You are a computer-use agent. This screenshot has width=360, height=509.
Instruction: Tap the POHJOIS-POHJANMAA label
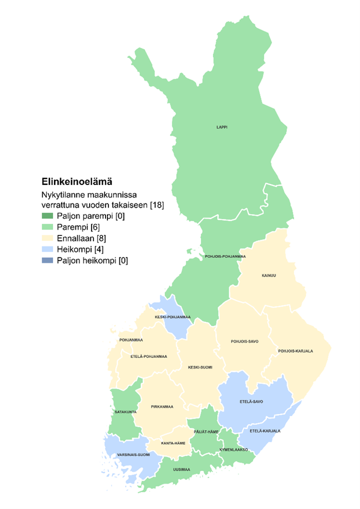(225, 256)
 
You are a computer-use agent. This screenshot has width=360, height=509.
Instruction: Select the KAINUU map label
(268, 275)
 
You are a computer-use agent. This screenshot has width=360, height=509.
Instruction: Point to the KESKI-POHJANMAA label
(172, 316)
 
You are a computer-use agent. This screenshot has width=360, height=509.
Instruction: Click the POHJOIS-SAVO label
(243, 342)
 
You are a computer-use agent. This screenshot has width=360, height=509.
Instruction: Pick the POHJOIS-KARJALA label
(295, 351)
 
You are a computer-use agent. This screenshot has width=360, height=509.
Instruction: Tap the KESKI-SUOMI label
(200, 367)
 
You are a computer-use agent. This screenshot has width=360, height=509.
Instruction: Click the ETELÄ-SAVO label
(251, 401)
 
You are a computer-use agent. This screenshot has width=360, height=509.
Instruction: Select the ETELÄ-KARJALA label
(265, 430)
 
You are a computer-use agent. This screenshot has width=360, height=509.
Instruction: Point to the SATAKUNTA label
(126, 412)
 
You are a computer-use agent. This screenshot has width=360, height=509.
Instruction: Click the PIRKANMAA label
(162, 406)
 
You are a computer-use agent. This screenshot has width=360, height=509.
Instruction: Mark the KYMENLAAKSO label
(234, 449)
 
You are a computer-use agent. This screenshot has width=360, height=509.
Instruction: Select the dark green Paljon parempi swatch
(47, 216)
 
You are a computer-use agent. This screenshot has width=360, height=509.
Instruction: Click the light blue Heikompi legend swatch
(47, 249)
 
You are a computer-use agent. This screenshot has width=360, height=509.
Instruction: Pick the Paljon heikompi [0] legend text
(92, 260)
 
